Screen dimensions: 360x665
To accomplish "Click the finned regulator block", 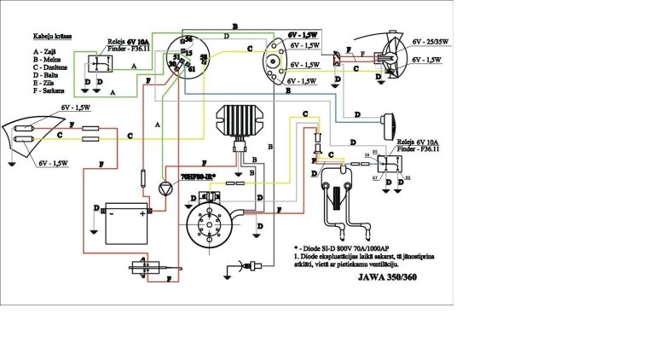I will (x=242, y=123).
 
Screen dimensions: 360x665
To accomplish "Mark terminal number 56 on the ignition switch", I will (x=189, y=40).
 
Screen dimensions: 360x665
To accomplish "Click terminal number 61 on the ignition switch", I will (x=192, y=67).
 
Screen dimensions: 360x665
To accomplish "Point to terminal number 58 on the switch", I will (x=203, y=58).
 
